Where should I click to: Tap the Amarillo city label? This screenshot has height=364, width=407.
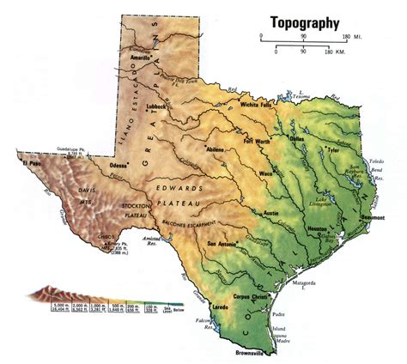(139, 58)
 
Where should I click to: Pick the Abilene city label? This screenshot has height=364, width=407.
(213, 149)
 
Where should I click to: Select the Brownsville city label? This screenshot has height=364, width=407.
(254, 353)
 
